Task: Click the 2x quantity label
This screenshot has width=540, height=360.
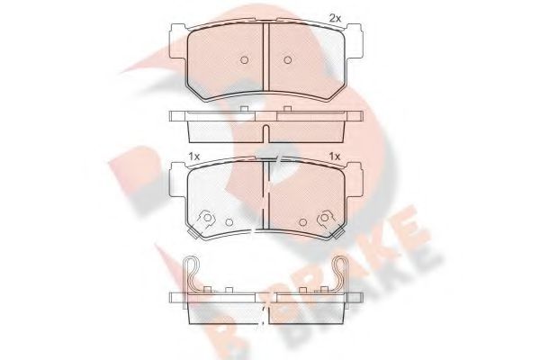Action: tap(335, 19)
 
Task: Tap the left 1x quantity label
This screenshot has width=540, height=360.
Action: tap(194, 157)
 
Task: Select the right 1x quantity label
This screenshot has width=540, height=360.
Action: tap(335, 157)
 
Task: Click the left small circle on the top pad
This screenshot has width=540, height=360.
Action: tap(244, 60)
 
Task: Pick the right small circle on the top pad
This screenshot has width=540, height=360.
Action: tap(288, 60)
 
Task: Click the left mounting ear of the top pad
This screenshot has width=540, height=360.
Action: tap(179, 40)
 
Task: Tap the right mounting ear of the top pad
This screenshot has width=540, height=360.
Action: tap(355, 40)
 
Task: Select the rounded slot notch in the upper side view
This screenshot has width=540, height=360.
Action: tap(265, 132)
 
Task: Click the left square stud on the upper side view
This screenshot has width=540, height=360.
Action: tap(244, 109)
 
